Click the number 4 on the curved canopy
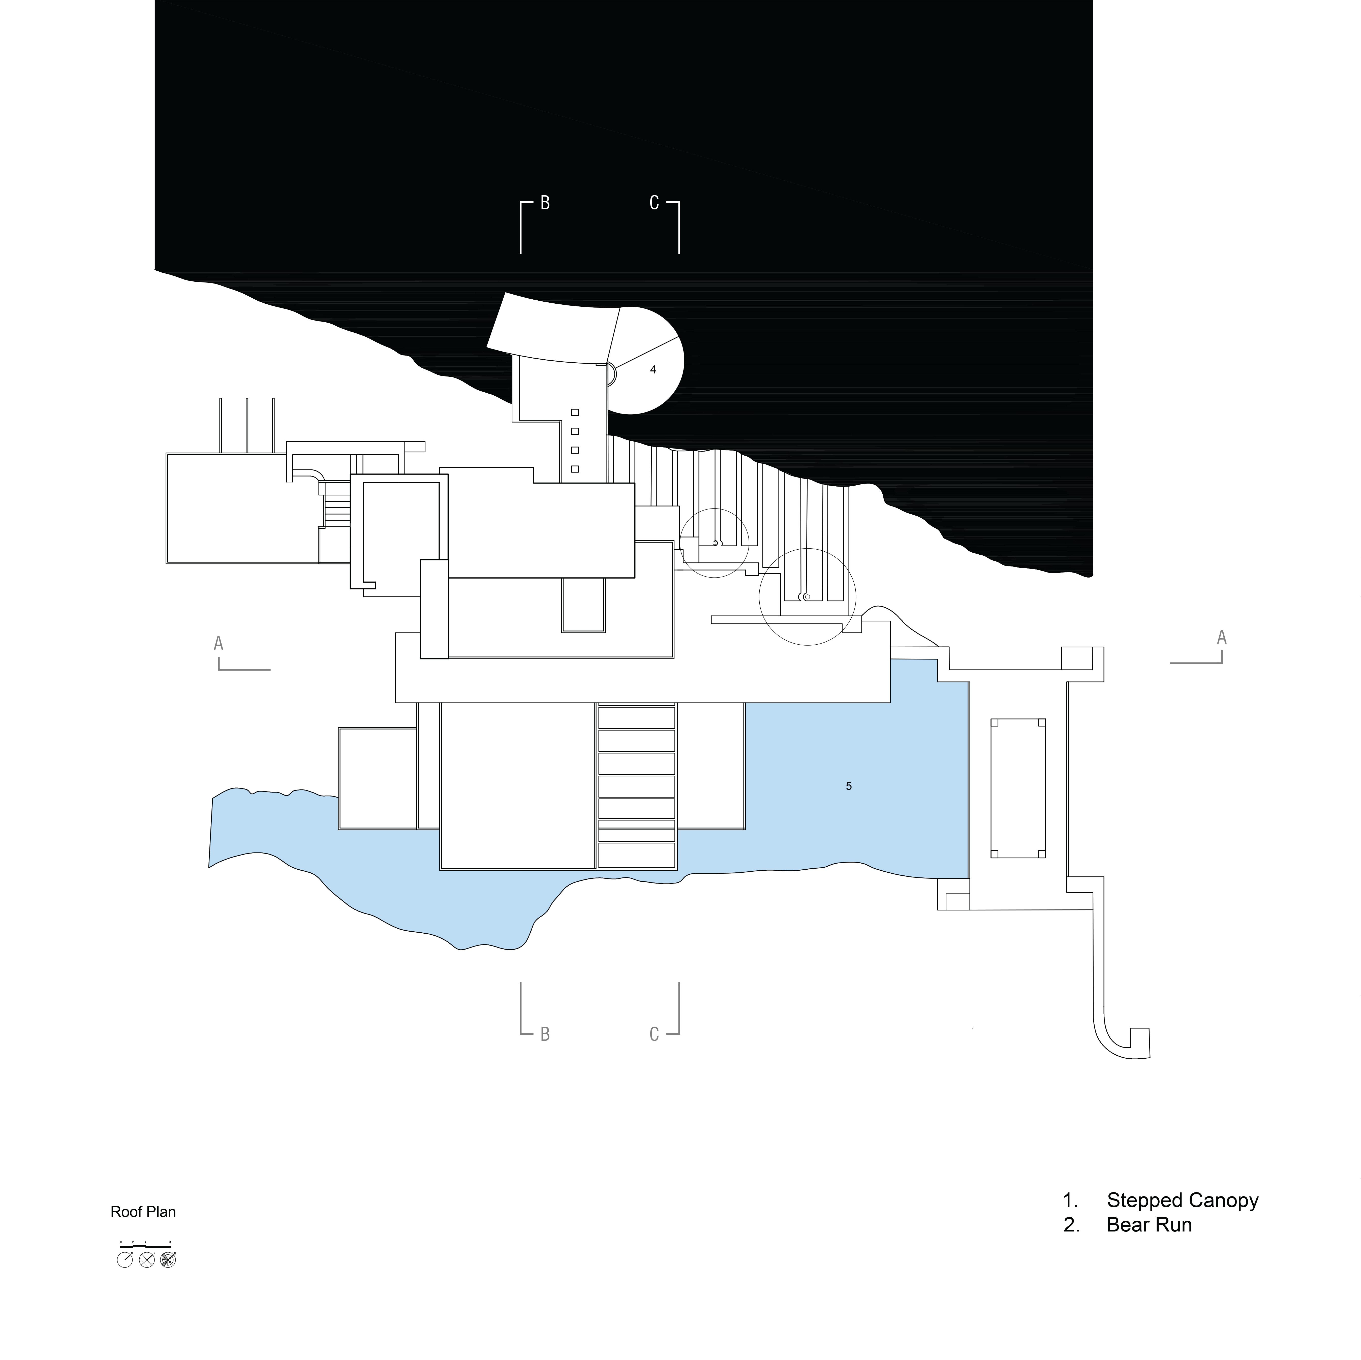point(653,370)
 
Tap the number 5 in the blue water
point(849,786)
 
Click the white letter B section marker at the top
point(545,204)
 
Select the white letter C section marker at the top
point(654,204)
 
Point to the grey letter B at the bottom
point(545,1034)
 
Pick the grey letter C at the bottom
point(654,1034)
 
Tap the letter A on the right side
point(1222,637)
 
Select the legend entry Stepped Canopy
point(1182,1200)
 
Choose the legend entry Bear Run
point(1149,1225)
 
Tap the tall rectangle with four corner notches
point(1018,788)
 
